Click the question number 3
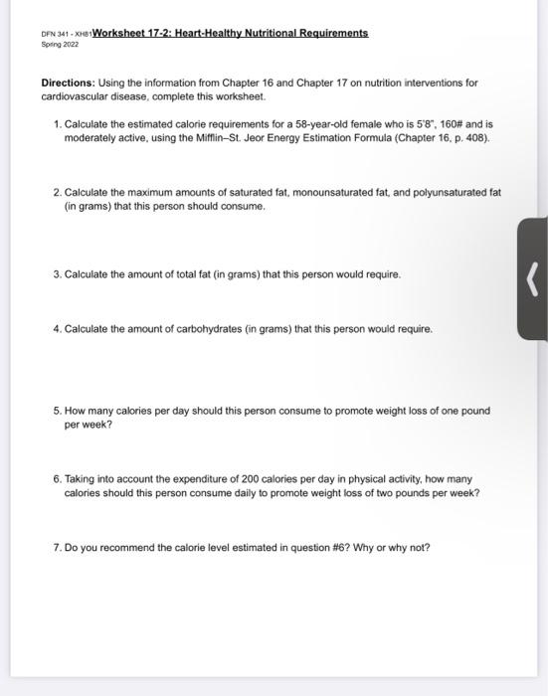pyautogui.click(x=58, y=273)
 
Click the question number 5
pyautogui.click(x=58, y=410)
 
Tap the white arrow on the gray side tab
pyautogui.click(x=532, y=277)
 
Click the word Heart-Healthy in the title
pyautogui.click(x=211, y=33)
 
